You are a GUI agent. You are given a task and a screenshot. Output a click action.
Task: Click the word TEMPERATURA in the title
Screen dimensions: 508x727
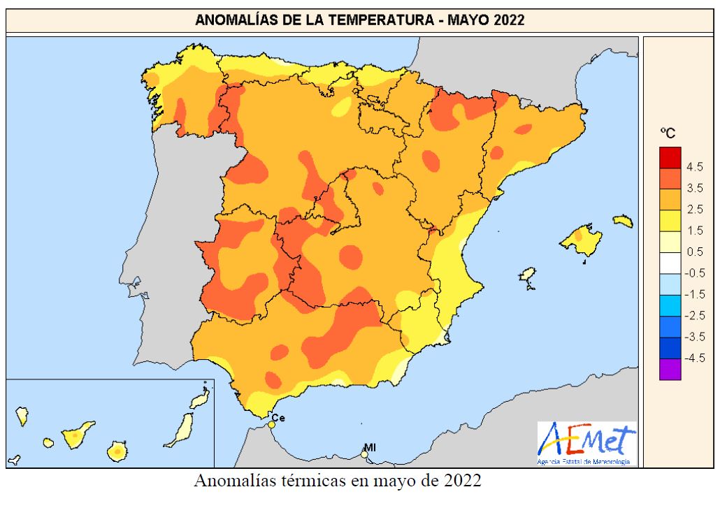370,21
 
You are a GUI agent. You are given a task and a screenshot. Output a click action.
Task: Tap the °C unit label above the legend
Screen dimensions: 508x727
668,132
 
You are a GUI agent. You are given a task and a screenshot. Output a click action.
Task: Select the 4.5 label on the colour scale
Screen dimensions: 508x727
695,167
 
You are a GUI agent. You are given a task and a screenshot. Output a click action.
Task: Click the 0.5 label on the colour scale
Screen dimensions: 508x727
695,252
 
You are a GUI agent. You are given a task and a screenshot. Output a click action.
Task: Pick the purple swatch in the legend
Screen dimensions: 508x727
669,369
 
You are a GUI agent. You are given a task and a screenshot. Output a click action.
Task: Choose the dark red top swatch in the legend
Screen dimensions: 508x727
669,157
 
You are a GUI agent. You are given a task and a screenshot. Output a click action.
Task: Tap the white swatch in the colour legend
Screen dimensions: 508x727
669,263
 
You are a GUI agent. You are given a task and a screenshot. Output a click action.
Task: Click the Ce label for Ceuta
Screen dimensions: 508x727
278,418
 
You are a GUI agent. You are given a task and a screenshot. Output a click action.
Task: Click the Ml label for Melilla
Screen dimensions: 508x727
369,447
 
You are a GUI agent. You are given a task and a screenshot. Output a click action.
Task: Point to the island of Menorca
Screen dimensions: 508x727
623,222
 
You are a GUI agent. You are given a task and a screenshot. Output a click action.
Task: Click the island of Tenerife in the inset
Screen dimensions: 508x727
76,434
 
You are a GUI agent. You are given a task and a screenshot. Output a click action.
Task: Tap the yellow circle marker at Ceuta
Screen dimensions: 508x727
271,424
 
